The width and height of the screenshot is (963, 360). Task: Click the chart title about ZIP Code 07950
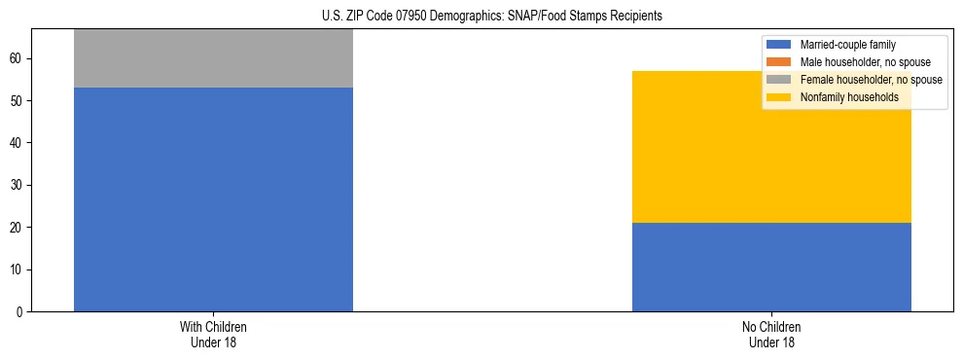point(491,17)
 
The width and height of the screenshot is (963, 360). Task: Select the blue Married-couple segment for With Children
point(213,199)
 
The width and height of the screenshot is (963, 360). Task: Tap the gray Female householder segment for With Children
point(213,58)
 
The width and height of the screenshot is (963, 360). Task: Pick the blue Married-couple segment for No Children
point(771,267)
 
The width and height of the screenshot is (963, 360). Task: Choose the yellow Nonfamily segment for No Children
point(771,147)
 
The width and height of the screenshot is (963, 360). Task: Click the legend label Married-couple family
point(847,45)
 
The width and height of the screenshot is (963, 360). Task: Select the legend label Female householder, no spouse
point(872,80)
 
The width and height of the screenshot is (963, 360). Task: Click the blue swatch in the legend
point(779,45)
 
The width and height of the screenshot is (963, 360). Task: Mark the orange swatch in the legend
point(779,62)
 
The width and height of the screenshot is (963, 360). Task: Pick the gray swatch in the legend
point(779,80)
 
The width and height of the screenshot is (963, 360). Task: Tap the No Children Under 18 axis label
point(771,334)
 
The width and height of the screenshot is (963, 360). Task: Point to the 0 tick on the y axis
point(19,312)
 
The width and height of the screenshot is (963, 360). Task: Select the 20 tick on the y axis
point(17,228)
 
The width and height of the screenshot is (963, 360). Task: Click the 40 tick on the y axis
point(17,143)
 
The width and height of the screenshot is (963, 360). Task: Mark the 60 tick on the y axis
point(17,59)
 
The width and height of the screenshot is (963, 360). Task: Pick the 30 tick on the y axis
point(17,186)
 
